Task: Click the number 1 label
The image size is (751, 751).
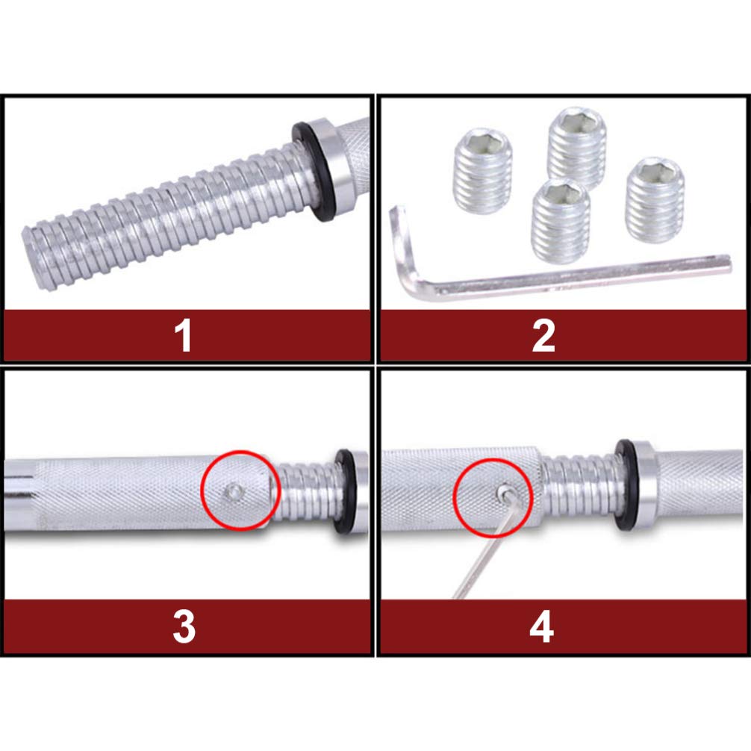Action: pyautogui.click(x=184, y=336)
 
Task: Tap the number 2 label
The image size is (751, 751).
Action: pyautogui.click(x=543, y=336)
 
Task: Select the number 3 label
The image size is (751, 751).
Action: pyautogui.click(x=184, y=628)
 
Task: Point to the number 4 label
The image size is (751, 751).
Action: pyautogui.click(x=542, y=628)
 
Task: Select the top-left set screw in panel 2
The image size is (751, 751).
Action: pyautogui.click(x=483, y=166)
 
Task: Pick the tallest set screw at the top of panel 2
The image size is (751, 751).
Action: pyautogui.click(x=576, y=148)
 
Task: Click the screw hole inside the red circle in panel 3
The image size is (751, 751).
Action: pyautogui.click(x=234, y=490)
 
